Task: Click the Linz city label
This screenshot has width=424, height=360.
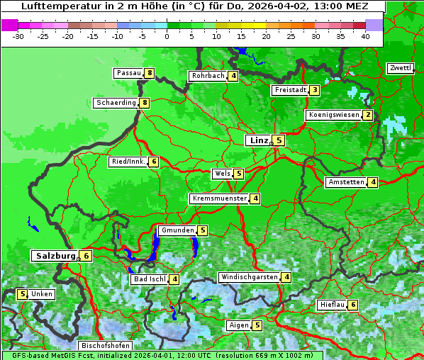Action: (258, 140)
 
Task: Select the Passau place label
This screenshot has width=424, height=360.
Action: (129, 73)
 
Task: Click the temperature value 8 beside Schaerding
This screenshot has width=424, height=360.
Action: (145, 103)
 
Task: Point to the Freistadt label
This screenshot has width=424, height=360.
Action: (290, 90)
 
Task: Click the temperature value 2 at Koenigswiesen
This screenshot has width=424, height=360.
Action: (367, 115)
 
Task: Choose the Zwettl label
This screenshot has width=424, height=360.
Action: (400, 68)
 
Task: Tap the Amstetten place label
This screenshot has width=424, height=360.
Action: (345, 182)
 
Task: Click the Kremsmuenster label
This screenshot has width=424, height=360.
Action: (219, 198)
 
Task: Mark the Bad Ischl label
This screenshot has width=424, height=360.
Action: (149, 279)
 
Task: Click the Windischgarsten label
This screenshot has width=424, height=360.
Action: (248, 277)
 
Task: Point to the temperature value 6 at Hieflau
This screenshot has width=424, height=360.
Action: (353, 305)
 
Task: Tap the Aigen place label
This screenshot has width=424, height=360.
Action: (238, 325)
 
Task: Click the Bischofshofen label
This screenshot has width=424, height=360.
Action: (104, 346)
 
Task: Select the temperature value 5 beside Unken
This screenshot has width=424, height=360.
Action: (22, 294)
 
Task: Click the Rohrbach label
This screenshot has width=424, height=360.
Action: (207, 76)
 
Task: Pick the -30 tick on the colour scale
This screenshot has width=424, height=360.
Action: (18, 35)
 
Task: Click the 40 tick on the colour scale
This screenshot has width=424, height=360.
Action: (365, 35)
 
